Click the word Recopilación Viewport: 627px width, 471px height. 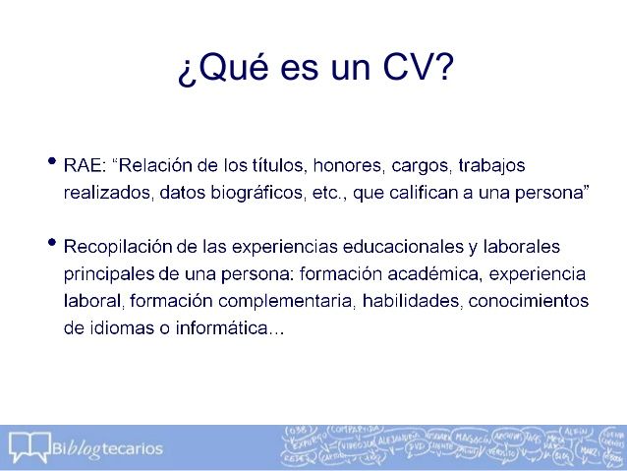[118, 244]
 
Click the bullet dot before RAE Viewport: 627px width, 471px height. [51, 161]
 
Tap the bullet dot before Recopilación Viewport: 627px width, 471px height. [51, 242]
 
